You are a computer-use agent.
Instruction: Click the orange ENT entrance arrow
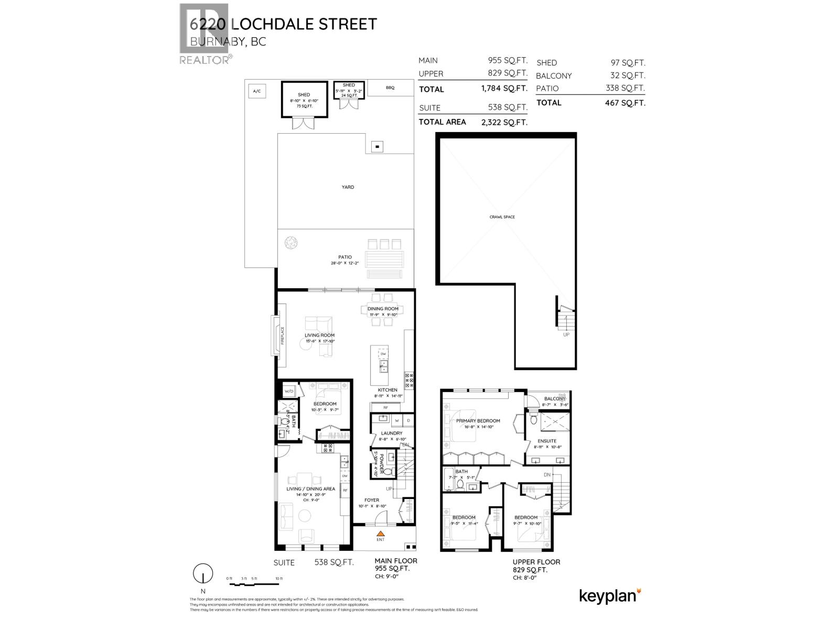(x=381, y=533)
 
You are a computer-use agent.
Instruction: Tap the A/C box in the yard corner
(x=256, y=91)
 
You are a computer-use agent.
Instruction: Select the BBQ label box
(x=390, y=88)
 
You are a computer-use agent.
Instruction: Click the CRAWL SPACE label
(x=502, y=216)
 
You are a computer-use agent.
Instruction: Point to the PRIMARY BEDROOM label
(x=478, y=420)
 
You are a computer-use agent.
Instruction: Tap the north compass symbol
(x=202, y=574)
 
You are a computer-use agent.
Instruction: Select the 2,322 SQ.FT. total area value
(x=504, y=122)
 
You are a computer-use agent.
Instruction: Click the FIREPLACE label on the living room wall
(x=282, y=335)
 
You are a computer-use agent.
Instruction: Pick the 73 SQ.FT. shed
(x=304, y=100)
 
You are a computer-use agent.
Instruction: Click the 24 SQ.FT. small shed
(x=349, y=90)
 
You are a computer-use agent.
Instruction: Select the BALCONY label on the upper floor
(x=555, y=399)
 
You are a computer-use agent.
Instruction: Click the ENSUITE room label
(x=547, y=441)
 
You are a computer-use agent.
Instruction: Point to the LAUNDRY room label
(x=391, y=433)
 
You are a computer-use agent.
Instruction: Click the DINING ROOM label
(x=383, y=309)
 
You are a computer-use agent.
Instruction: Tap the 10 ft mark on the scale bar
(x=278, y=579)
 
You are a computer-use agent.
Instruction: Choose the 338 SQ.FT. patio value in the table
(x=625, y=89)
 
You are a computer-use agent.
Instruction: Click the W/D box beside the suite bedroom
(x=288, y=391)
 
